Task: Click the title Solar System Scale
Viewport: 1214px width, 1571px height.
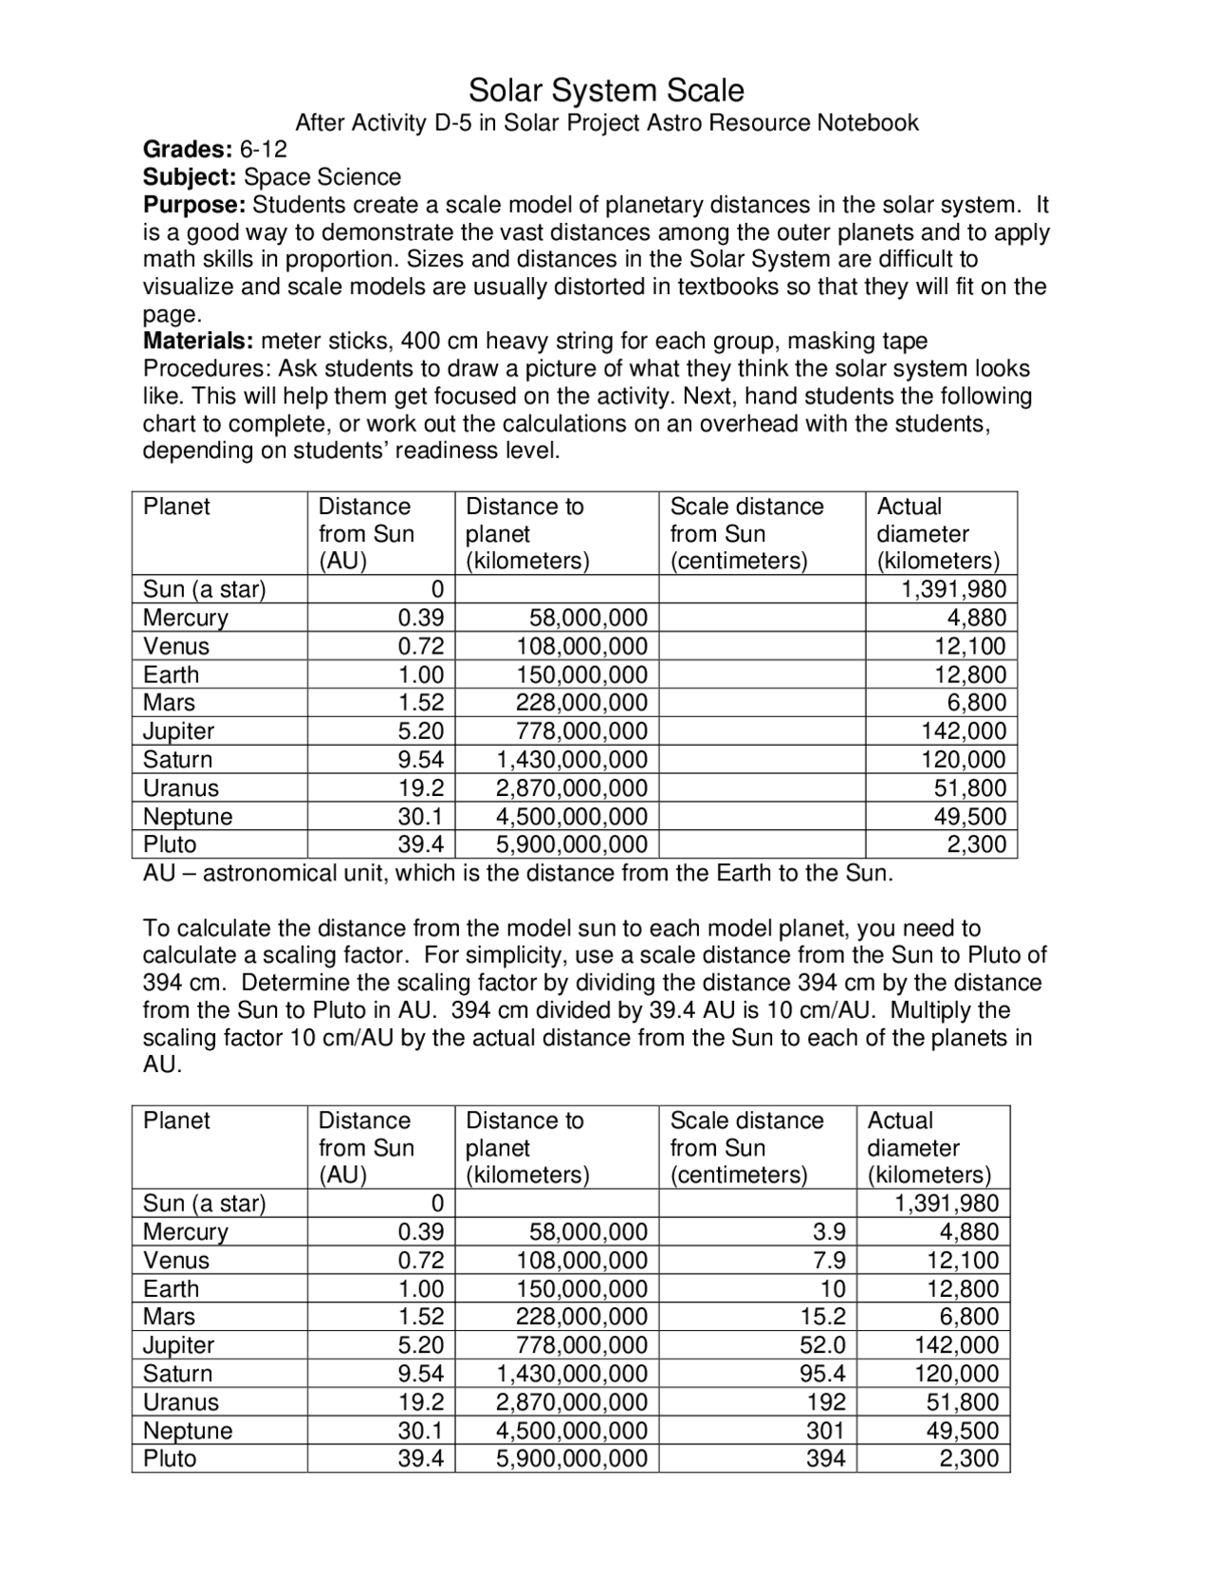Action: (x=606, y=91)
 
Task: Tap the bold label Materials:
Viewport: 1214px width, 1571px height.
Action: (x=198, y=341)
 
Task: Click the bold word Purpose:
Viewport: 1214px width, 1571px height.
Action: (x=194, y=205)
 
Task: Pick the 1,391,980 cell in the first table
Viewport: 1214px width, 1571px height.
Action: (x=953, y=589)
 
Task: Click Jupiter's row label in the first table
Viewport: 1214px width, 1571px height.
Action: (x=179, y=731)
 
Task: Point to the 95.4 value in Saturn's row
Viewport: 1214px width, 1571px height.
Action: (x=822, y=1374)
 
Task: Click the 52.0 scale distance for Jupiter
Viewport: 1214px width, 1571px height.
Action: (x=822, y=1345)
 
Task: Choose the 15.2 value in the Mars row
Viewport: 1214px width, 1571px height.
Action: (x=822, y=1317)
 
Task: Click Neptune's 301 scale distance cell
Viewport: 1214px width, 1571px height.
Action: (x=825, y=1431)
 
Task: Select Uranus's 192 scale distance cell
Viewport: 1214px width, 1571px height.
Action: (x=825, y=1402)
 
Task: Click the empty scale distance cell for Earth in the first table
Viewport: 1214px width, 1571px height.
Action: (x=762, y=675)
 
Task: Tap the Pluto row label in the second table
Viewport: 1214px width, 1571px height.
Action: (x=170, y=1459)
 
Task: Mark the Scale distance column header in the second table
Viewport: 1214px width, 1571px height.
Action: (x=746, y=1148)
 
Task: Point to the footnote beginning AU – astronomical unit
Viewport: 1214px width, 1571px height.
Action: (x=518, y=874)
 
